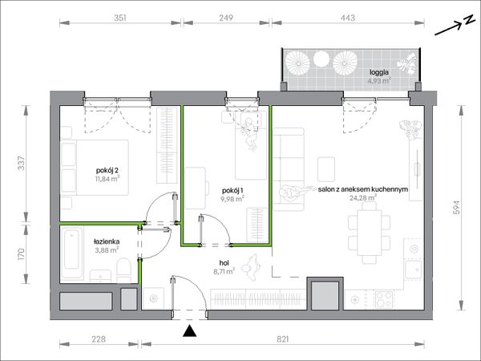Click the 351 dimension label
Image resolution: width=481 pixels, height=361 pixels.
(120, 18)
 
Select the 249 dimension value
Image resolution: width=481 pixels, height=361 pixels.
(226, 18)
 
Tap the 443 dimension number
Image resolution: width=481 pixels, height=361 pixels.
(348, 18)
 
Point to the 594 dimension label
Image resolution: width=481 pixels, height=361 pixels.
(457, 208)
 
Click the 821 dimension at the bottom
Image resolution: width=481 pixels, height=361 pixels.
(282, 339)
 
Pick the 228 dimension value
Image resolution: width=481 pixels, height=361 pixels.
(99, 339)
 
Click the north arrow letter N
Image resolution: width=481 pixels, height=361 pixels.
(468, 20)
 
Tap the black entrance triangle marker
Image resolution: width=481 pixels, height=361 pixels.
(189, 331)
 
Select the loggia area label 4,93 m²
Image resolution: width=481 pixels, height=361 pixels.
(379, 81)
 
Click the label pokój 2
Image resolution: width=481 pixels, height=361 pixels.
(107, 170)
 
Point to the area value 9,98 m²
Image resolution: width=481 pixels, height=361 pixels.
(232, 199)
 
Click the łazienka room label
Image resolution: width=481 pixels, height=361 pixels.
(107, 242)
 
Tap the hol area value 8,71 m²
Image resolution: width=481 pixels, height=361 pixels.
(224, 271)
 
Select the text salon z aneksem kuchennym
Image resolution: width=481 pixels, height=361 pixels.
(363, 189)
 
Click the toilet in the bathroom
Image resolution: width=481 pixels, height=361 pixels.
(124, 270)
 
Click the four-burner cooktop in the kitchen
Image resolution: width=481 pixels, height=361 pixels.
(384, 299)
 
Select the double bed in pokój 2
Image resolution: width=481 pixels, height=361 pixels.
(95, 168)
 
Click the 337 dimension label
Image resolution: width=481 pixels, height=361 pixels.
(21, 164)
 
